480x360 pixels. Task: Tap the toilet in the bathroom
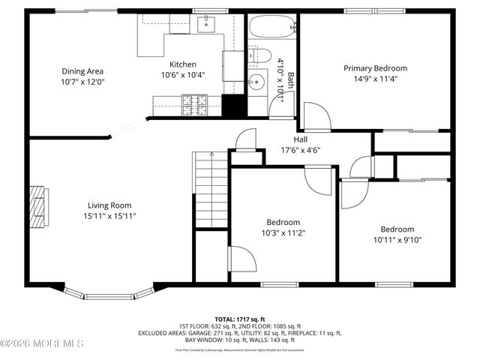[259, 55]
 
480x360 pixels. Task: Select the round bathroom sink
[258, 81]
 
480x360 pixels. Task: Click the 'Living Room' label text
[109, 205]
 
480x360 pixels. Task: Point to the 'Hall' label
[300, 139]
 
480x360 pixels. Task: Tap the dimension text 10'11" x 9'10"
[397, 240]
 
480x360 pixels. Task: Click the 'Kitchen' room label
[182, 64]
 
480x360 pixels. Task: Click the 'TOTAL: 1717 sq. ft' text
[239, 319]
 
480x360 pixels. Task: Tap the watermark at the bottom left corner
[42, 343]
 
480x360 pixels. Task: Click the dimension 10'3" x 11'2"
[283, 232]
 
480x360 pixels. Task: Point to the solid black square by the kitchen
[234, 106]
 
